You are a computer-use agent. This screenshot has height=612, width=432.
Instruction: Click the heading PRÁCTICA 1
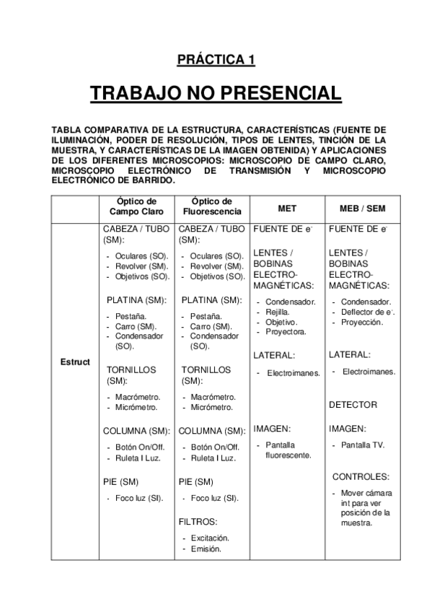click(216, 61)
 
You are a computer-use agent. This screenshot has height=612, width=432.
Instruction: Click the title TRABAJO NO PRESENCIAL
click(216, 94)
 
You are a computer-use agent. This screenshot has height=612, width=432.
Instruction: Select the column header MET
click(286, 208)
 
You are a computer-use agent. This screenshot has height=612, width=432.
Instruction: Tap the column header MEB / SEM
click(361, 208)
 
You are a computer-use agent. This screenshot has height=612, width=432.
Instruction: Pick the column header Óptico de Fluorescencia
click(212, 206)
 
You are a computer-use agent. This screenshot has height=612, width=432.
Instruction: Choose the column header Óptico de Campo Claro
click(136, 206)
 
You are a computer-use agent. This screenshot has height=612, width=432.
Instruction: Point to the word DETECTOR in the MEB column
click(353, 405)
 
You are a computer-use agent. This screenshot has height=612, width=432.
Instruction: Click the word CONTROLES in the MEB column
click(361, 476)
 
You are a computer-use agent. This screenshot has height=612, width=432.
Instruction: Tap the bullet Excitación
click(210, 538)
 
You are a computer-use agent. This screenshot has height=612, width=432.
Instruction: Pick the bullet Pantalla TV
click(363, 445)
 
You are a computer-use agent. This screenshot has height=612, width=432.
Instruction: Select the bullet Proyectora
click(286, 331)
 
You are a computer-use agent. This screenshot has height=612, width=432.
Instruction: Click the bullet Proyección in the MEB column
click(362, 322)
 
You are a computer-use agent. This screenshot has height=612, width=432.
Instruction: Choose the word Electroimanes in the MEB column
click(369, 371)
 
